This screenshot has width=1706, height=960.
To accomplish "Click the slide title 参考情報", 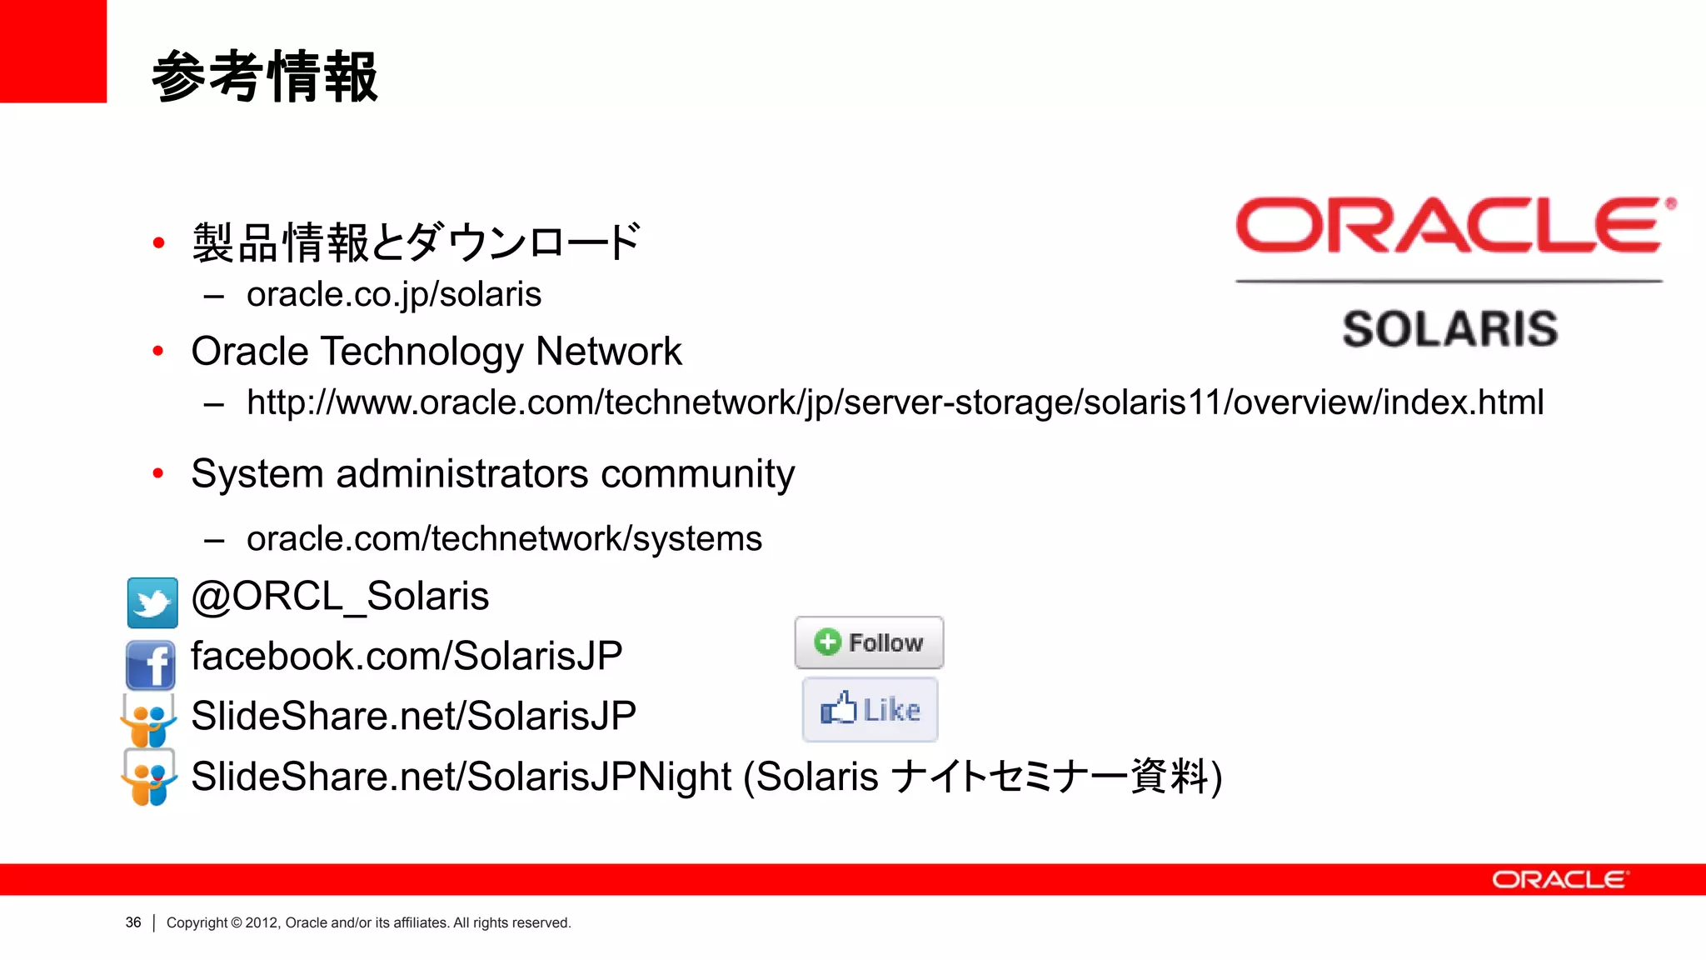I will (265, 77).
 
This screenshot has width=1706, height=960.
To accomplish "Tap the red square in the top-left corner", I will (52, 51).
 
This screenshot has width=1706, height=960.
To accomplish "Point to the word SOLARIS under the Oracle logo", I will (1449, 329).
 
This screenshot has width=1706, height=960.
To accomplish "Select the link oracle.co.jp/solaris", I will (393, 295).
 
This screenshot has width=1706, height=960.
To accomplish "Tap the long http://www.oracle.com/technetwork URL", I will (895, 402).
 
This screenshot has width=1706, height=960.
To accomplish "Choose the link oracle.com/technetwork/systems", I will (504, 539).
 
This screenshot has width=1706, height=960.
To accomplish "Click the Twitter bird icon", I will (152, 602).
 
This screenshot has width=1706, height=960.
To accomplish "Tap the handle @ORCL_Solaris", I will (340, 597).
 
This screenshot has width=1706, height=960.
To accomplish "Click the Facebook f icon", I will (151, 664).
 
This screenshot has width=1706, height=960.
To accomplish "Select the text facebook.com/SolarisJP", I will (407, 657).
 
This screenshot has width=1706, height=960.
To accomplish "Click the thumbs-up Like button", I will (870, 709).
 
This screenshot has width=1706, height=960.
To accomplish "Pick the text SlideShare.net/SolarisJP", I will (413, 716).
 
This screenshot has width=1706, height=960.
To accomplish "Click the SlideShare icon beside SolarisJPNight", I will (149, 777).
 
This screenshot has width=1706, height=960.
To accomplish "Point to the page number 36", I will (133, 922).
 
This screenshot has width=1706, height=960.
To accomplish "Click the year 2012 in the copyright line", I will (262, 922).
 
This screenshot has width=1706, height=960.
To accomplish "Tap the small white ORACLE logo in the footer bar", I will (1559, 880).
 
